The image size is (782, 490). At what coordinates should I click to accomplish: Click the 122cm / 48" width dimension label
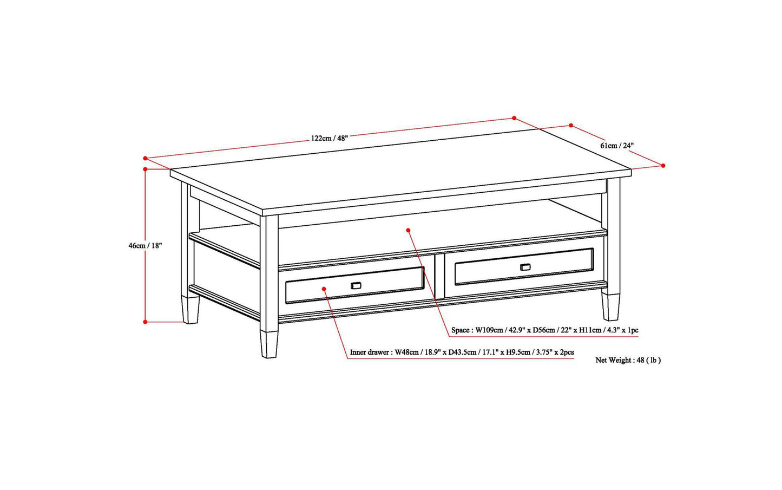pyautogui.click(x=329, y=138)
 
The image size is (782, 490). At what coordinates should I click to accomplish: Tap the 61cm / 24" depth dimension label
pyautogui.click(x=617, y=146)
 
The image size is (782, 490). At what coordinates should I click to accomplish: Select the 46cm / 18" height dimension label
pyautogui.click(x=145, y=245)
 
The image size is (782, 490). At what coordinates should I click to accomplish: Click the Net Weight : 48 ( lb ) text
pyautogui.click(x=628, y=360)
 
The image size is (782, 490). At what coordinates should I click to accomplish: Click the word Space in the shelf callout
pyautogui.click(x=460, y=330)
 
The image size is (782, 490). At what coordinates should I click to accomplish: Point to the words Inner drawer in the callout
pyautogui.click(x=370, y=352)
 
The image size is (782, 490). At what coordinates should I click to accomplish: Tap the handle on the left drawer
pyautogui.click(x=356, y=285)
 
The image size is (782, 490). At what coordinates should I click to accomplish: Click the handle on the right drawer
pyautogui.click(x=525, y=267)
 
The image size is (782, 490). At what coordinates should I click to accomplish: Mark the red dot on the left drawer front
pyautogui.click(x=324, y=289)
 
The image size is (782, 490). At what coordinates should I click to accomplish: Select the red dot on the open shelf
pyautogui.click(x=408, y=230)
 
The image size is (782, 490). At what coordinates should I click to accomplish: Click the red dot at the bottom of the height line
pyautogui.click(x=145, y=322)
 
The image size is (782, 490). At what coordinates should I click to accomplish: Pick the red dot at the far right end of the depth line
pyautogui.click(x=663, y=166)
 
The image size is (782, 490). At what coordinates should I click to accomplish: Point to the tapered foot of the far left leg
pyautogui.click(x=190, y=310)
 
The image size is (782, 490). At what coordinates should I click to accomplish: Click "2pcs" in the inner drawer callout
pyautogui.click(x=566, y=352)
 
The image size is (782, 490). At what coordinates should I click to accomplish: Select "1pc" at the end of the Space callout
pyautogui.click(x=632, y=330)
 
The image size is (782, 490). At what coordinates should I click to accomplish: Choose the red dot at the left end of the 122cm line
pyautogui.click(x=145, y=158)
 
